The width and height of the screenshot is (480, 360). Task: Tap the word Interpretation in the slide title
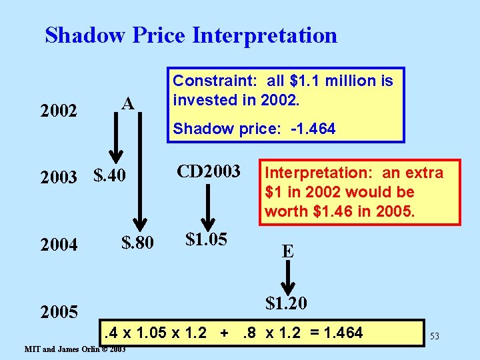pyautogui.click(x=265, y=35)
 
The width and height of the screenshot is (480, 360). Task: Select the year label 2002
pyautogui.click(x=59, y=110)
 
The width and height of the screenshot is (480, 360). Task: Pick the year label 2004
pyautogui.click(x=59, y=245)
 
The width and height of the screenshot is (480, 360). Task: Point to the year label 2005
pyautogui.click(x=59, y=311)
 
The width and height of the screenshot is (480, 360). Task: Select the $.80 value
pyautogui.click(x=137, y=243)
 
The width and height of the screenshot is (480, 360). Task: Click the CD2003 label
pyautogui.click(x=208, y=171)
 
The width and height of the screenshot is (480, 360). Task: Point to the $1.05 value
pyautogui.click(x=207, y=239)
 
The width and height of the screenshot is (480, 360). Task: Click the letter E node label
pyautogui.click(x=287, y=251)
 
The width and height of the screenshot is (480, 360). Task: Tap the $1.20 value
pyautogui.click(x=286, y=303)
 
